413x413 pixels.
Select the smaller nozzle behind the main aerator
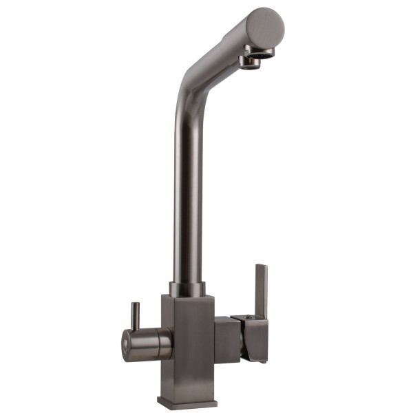[250, 63]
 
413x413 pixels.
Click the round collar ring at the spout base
[187, 288]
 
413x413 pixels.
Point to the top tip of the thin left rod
[136, 304]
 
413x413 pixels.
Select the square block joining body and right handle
[226, 340]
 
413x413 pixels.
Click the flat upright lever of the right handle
[261, 289]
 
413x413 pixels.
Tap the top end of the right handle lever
[261, 266]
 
